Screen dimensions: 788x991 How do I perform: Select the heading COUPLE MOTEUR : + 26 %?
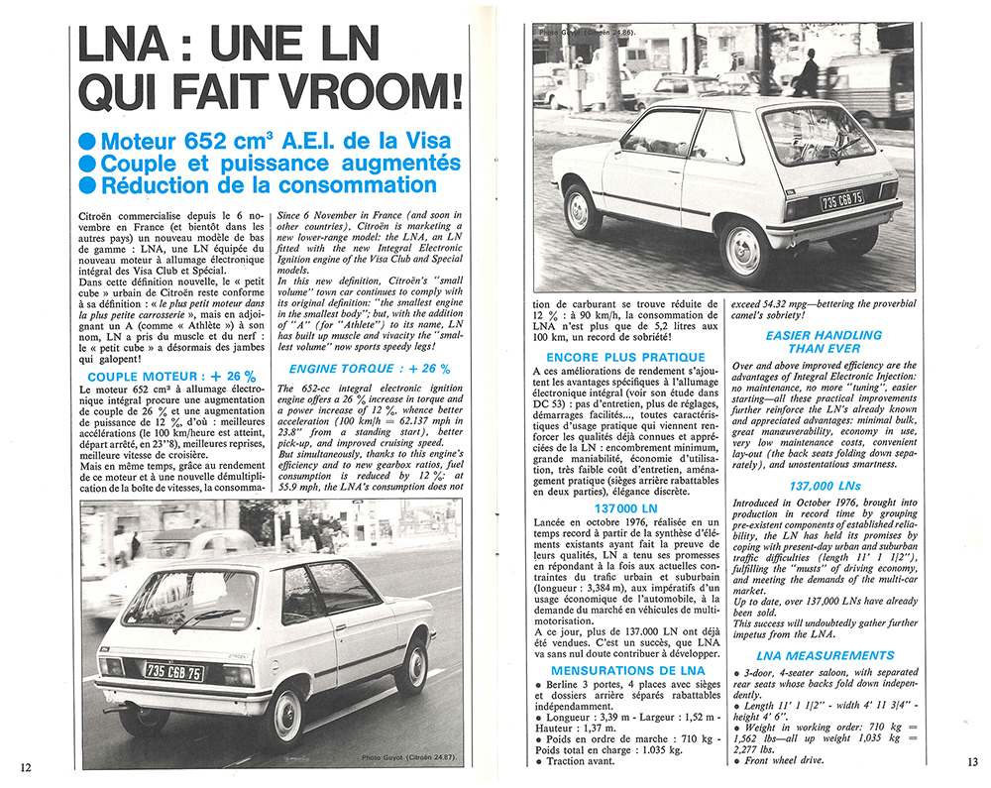[171, 376]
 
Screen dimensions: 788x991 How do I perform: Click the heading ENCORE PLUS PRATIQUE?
[625, 357]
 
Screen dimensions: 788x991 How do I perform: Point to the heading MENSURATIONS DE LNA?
[627, 671]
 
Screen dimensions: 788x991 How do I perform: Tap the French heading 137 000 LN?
[627, 508]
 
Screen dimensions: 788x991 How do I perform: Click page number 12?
[25, 765]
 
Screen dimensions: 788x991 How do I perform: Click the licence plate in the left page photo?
[174, 672]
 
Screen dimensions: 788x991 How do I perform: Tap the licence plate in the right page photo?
[841, 200]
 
